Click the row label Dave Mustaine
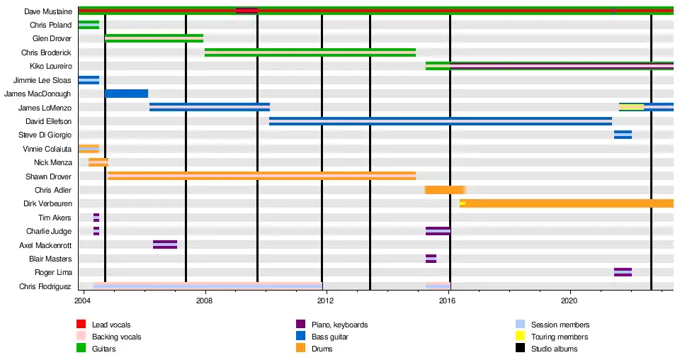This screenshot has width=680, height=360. [48, 11]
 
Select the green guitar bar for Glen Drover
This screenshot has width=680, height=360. [154, 38]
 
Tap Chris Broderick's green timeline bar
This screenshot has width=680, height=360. [310, 52]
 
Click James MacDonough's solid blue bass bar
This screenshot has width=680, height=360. [126, 94]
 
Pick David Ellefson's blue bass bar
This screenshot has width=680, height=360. [440, 121]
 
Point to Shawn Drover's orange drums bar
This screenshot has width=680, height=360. [261, 176]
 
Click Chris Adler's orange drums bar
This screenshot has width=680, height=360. [444, 190]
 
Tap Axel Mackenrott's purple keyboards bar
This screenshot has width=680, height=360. [165, 244]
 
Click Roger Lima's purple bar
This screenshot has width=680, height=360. [623, 272]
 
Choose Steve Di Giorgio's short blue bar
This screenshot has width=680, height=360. [623, 135]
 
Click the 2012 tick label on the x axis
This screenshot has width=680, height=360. [326, 300]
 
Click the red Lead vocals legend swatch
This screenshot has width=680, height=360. [81, 325]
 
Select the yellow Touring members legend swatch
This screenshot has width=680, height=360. [520, 337]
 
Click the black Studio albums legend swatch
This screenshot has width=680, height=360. [520, 349]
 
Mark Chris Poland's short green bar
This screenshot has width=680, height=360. [89, 25]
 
